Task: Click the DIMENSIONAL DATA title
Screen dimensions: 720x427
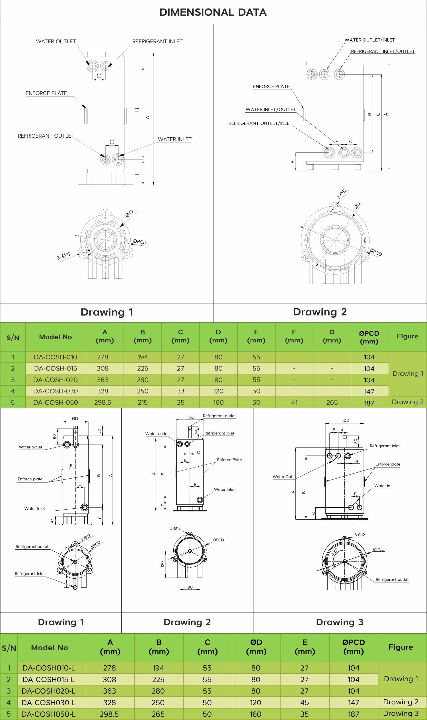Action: [x=213, y=12]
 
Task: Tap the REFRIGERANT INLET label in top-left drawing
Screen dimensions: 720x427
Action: [x=157, y=42]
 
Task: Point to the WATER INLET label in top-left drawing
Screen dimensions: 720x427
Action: [x=175, y=139]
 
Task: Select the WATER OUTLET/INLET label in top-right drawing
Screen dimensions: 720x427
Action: [x=369, y=40]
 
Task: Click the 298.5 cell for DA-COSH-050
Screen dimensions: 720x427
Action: [x=102, y=402]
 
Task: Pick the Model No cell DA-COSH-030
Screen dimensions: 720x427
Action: [x=55, y=391]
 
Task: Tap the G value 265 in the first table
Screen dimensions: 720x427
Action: [x=332, y=402]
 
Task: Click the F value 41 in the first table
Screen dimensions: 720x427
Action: [x=294, y=402]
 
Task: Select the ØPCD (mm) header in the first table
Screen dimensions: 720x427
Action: [x=369, y=337]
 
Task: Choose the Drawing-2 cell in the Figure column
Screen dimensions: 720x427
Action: [x=407, y=402]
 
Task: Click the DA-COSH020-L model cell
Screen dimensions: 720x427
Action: [x=48, y=691]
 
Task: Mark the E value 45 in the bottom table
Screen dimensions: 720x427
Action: [x=304, y=702]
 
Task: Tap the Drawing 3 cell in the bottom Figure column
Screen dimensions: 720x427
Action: [x=401, y=713]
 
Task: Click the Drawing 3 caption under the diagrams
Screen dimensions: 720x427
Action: [x=340, y=622]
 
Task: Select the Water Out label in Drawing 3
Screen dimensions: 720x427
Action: [x=282, y=477]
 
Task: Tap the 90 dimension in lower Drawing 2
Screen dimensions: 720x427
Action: [x=190, y=587]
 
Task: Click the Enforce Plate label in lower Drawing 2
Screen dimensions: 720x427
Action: [x=229, y=460]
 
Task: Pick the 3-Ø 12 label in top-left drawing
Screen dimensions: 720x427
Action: [x=64, y=256]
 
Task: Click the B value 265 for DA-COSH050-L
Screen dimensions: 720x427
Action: [x=158, y=714]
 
